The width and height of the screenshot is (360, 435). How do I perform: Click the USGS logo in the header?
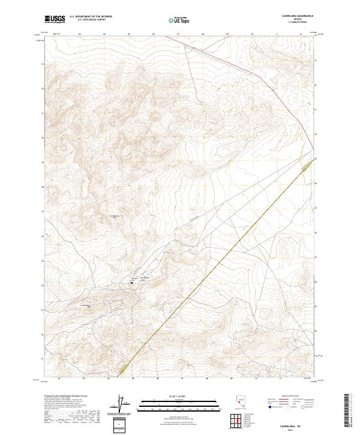[55, 19]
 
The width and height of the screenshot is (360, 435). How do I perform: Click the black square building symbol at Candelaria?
[132, 282]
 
